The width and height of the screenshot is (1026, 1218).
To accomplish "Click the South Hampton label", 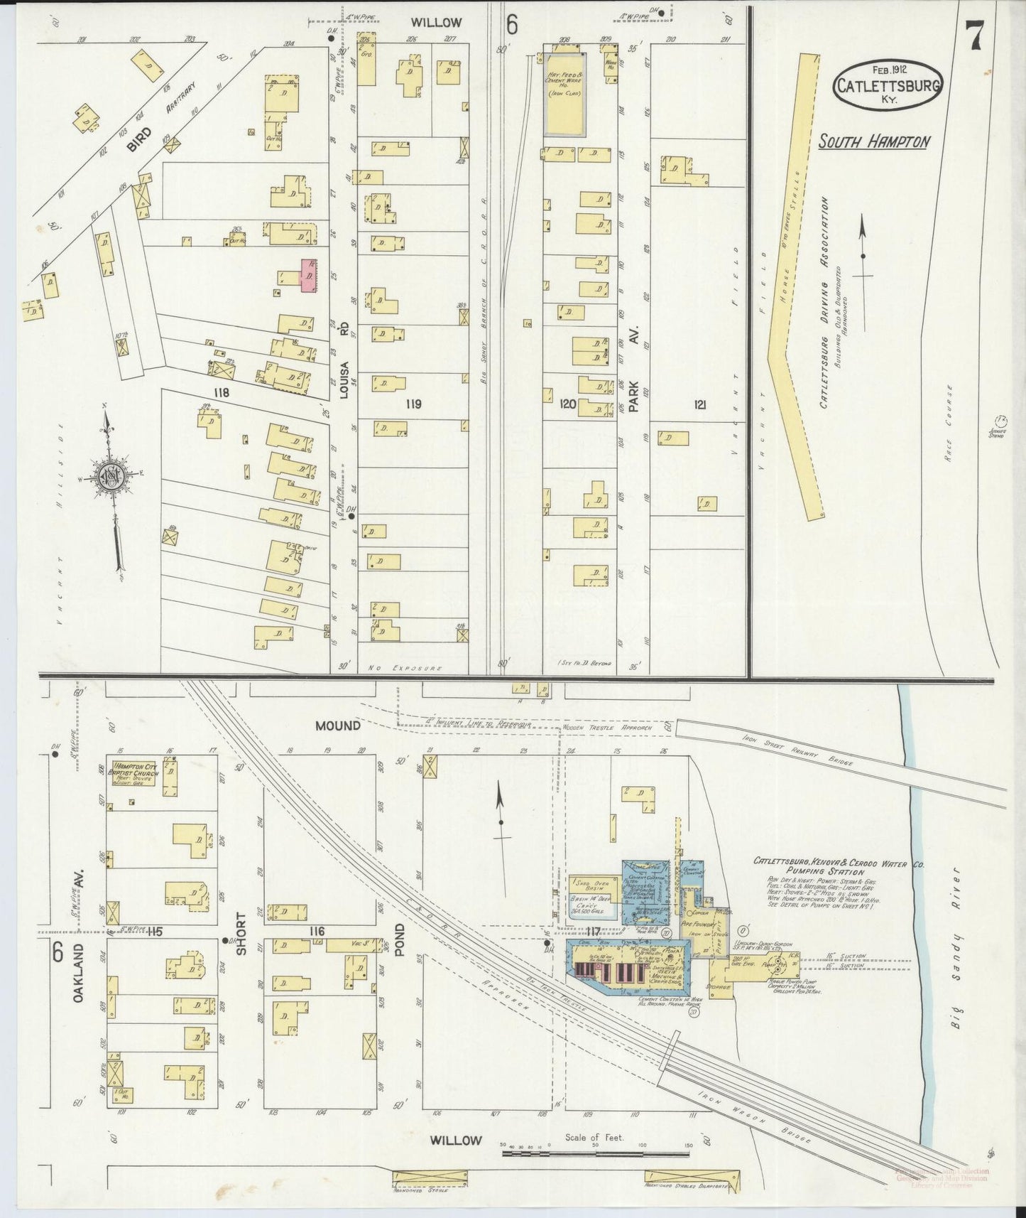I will tap(873, 141).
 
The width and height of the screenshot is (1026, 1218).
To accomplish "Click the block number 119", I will tap(413, 404).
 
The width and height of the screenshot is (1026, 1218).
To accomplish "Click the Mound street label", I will tap(338, 726).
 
